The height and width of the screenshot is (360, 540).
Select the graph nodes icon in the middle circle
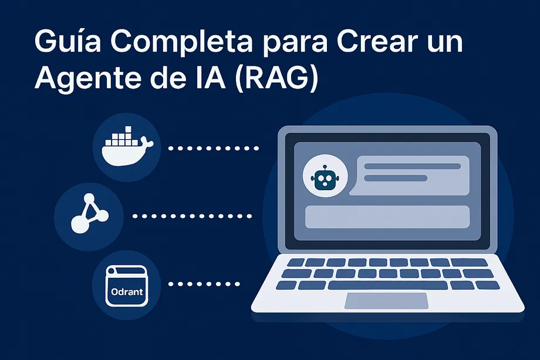coord(89,215)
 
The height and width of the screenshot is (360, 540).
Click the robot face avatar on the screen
coord(323,179)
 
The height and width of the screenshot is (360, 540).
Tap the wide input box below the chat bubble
coord(387,217)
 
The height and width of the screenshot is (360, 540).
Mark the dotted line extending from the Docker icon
coord(214,148)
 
